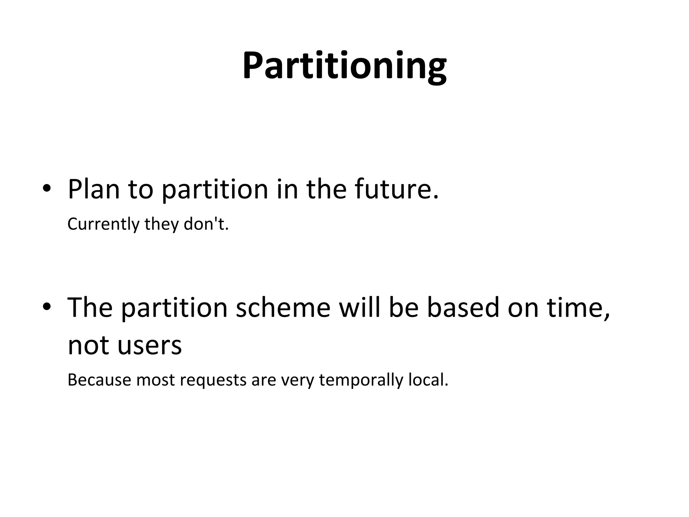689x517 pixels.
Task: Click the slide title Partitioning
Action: (x=344, y=66)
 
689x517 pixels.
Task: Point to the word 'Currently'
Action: (x=103, y=224)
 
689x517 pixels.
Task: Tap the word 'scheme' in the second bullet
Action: (x=283, y=307)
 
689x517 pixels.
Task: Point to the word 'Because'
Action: (x=99, y=380)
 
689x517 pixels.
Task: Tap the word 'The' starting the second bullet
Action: (x=90, y=307)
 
